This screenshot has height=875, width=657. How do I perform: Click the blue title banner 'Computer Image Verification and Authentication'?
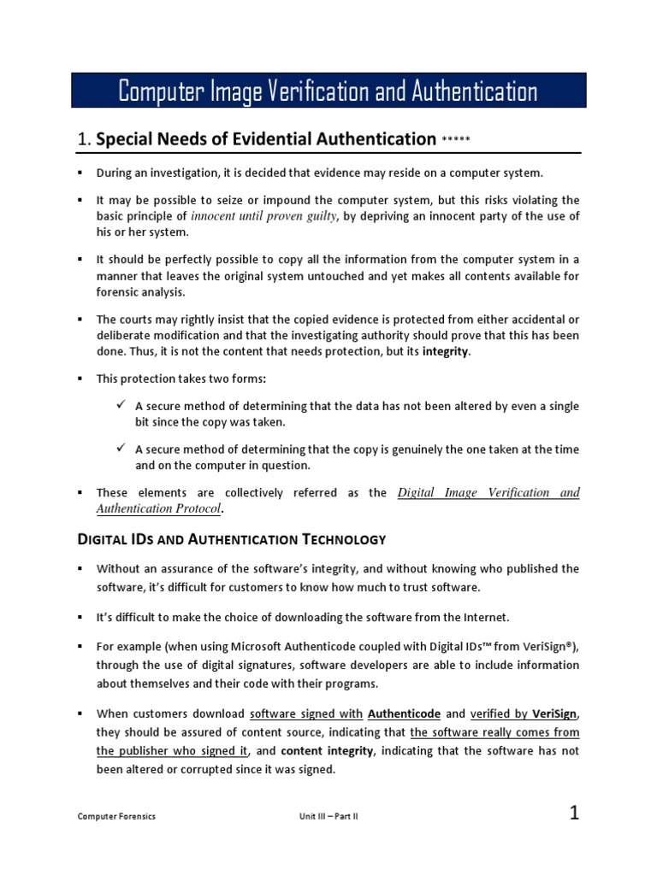(x=328, y=91)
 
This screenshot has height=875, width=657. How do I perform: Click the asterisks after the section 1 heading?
(x=456, y=140)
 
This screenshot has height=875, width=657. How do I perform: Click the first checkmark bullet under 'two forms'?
(x=121, y=405)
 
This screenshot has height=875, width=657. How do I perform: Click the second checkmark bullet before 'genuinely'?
(x=121, y=449)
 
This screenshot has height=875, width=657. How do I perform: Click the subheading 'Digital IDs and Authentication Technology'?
(x=232, y=539)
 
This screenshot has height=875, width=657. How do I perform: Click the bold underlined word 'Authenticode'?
(x=403, y=714)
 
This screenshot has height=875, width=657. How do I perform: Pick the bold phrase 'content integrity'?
(x=327, y=751)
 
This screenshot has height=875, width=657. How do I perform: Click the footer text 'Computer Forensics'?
(x=117, y=816)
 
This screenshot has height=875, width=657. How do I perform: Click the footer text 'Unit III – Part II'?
(x=323, y=816)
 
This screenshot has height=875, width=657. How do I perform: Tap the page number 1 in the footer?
(x=575, y=813)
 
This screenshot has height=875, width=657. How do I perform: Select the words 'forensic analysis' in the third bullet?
(x=138, y=291)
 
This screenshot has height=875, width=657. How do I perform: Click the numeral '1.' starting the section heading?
(x=84, y=139)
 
